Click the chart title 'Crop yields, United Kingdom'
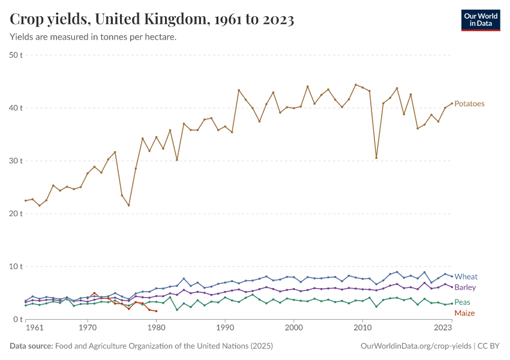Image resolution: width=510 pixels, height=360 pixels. pos(152,20)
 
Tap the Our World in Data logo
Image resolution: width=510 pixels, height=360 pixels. pos(480,20)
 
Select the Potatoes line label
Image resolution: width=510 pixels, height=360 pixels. pos(469,104)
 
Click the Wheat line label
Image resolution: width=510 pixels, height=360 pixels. pos(466,277)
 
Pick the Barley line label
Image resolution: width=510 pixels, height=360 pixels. pos(465,287)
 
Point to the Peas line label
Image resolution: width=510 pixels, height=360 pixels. pos(462,302)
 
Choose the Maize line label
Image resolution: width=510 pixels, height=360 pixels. pos(464,313)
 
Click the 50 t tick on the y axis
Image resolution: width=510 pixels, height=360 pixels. pos(16,55)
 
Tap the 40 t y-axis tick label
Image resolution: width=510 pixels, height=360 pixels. pos(16,108)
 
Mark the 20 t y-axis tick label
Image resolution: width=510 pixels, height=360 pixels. pos(16,214)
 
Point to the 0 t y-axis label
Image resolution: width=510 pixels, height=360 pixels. pos(19,319)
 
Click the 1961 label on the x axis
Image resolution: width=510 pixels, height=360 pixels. pos(35,328)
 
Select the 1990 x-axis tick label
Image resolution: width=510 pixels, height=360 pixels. pos(225,328)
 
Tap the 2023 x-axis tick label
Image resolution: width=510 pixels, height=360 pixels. pos(443,328)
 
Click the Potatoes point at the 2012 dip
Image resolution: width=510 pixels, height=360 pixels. pos(376,158)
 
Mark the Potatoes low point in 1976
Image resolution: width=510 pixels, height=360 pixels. pos(128,205)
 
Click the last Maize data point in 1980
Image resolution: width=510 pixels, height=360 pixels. pos(156,311)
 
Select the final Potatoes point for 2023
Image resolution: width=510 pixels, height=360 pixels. pos(452,103)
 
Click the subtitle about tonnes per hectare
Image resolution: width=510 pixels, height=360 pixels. pos(93,37)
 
